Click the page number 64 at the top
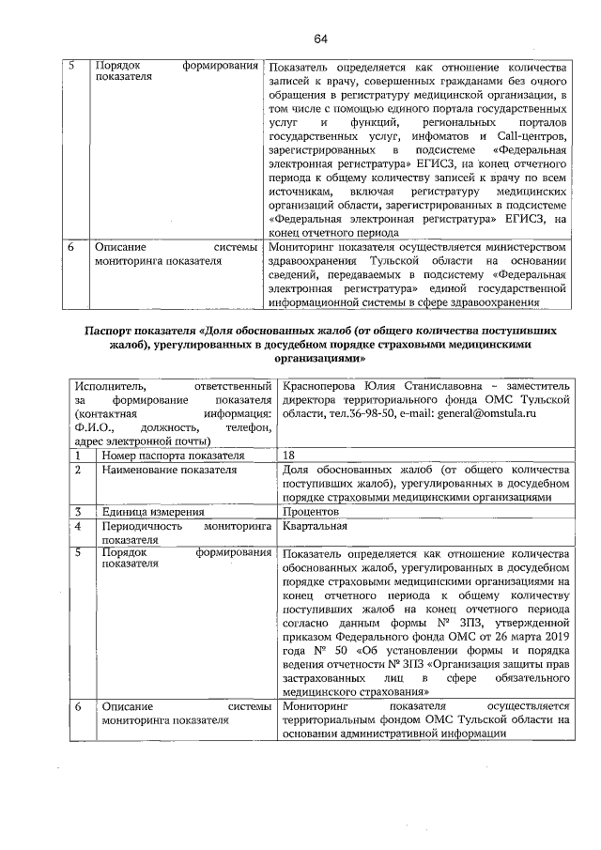point(320,39)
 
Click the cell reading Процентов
point(310,512)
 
